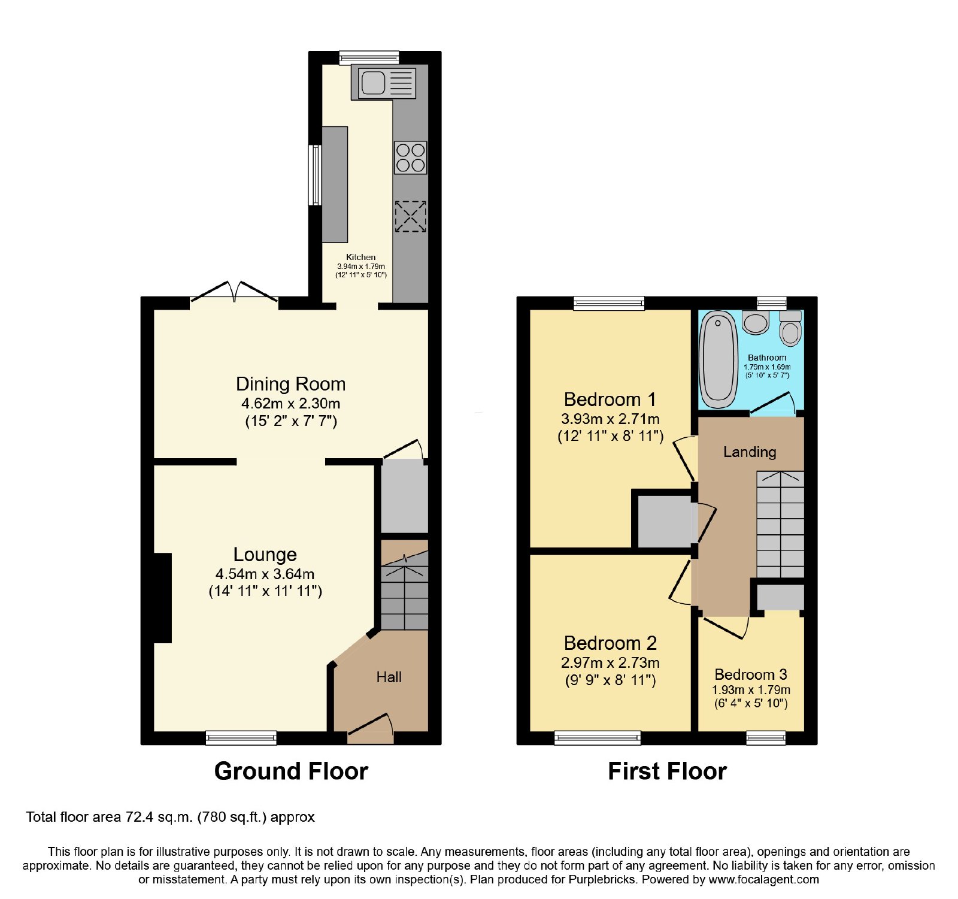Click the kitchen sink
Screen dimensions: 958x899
tap(387, 83)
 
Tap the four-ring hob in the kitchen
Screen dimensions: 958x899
tap(410, 158)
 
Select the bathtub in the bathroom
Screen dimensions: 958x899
tap(718, 359)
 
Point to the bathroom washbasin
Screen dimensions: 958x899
tap(756, 322)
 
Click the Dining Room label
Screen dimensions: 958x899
tap(290, 384)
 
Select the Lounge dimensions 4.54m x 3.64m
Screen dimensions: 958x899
tap(265, 574)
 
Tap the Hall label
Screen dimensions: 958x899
tap(389, 677)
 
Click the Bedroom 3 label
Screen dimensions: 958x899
tap(751, 675)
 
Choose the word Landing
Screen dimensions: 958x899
tap(750, 452)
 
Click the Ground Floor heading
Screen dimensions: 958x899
tap(291, 771)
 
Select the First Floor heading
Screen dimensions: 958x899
tap(667, 771)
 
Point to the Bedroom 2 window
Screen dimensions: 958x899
tap(598, 737)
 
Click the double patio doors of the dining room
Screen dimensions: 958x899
tap(234, 292)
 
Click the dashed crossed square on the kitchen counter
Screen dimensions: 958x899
tap(410, 216)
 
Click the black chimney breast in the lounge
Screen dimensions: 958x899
tap(163, 598)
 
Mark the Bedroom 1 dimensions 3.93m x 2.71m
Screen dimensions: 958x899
tap(610, 419)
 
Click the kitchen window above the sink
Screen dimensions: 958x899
tap(369, 57)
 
